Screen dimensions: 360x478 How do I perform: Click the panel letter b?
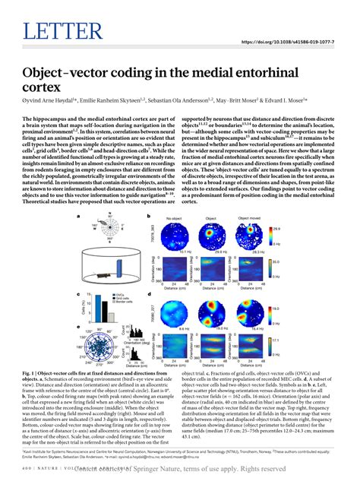(x=147, y=195)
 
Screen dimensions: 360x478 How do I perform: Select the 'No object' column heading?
(x=174, y=197)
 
